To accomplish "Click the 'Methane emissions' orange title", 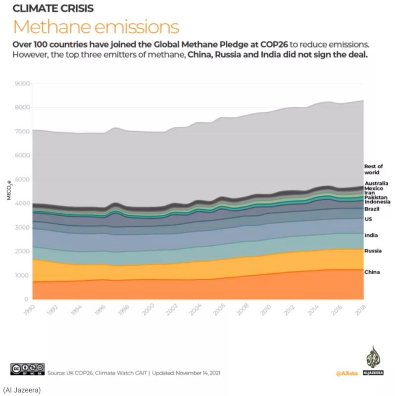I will tap(96, 26).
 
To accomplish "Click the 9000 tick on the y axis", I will tap(21, 84).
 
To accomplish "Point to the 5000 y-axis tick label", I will tap(21, 180).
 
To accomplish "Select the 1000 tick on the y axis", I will tap(21, 276).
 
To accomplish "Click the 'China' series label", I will tap(372, 272).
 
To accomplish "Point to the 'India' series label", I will tap(371, 236).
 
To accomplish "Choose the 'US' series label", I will tap(368, 219).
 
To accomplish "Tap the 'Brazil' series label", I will tap(372, 209).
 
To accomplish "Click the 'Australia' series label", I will tap(376, 184).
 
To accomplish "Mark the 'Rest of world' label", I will tap(373, 170).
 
